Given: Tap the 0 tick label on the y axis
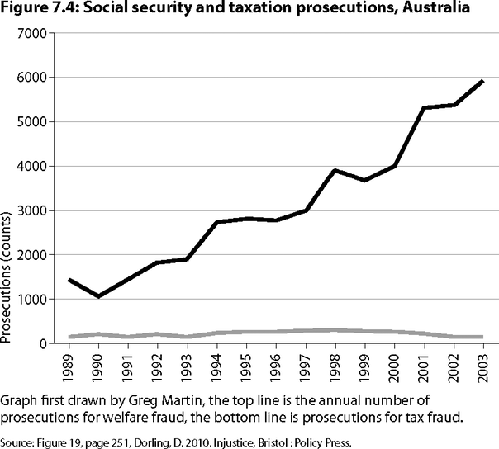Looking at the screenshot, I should pos(46,343).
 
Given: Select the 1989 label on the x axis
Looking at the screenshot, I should pos(69,365).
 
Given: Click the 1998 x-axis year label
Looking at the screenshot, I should pos(331,365).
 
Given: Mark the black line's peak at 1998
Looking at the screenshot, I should pos(333,170).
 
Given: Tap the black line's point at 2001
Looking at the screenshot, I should pos(423,108).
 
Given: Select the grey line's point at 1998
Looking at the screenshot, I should pos(333,330).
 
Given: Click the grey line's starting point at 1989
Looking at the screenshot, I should pos(69,337).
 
